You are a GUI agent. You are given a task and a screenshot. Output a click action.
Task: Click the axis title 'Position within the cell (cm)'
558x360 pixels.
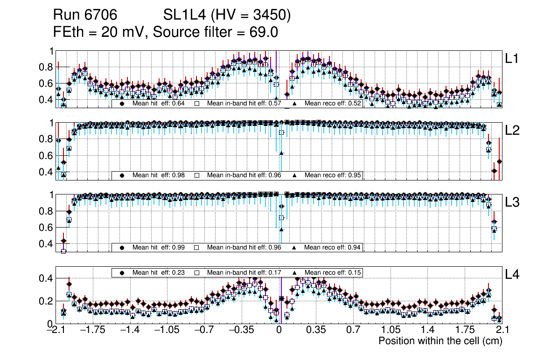tap(440, 341)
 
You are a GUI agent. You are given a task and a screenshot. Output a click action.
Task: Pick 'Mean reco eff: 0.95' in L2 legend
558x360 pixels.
tap(333, 175)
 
